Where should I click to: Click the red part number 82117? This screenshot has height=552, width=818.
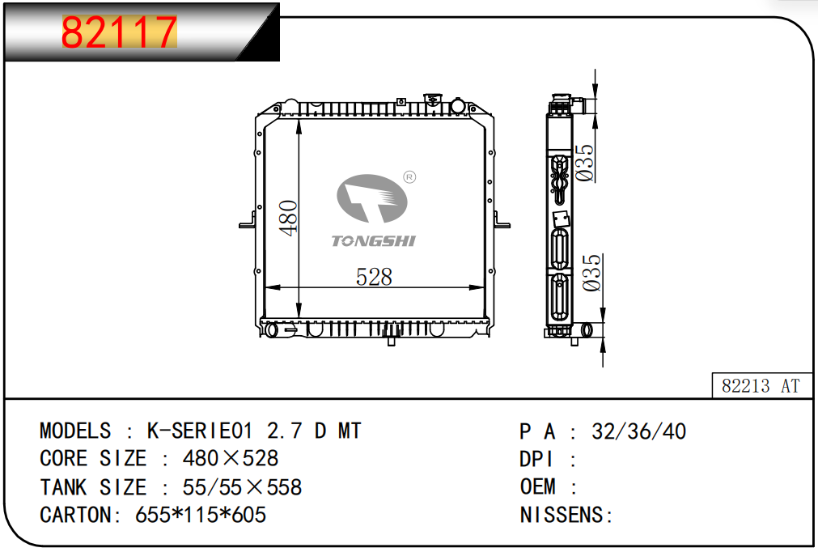120,32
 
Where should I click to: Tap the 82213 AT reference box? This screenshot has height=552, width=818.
761,385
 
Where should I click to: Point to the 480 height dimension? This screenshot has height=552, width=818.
288,218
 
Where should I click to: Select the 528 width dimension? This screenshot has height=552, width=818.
374,277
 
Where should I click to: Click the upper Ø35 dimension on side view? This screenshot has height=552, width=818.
585,163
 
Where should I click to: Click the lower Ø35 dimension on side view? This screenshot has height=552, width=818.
591,273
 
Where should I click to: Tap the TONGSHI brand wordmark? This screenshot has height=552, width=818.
374,240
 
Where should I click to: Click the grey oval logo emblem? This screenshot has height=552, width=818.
372,198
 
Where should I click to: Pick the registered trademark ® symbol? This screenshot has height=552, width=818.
410,177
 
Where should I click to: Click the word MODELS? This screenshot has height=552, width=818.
75,431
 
